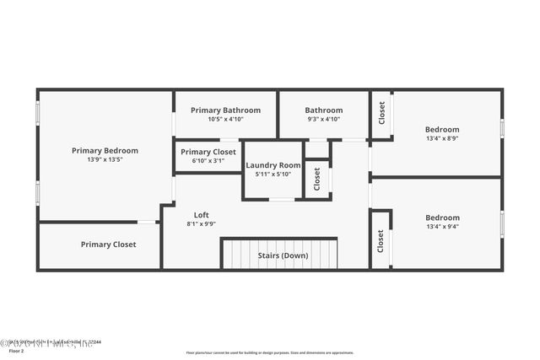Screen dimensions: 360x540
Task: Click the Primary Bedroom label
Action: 105,150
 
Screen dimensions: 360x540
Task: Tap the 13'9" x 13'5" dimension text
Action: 105,159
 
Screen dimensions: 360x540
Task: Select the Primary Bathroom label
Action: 224,110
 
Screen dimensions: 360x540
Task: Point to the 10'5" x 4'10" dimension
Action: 224,119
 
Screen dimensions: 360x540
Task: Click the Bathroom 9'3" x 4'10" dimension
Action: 323,119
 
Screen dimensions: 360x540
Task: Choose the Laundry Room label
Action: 273,165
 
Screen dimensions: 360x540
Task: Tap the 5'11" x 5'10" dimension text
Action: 273,175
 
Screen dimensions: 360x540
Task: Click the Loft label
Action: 201,214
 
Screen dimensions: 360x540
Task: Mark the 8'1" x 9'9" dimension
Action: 201,223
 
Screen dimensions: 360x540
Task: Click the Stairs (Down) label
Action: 283,255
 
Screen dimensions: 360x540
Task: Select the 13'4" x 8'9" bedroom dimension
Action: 442,138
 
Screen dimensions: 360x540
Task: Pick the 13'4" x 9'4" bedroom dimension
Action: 442,227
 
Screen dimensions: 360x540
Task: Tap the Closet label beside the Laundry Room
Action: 317,179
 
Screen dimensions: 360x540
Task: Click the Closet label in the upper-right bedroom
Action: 381,113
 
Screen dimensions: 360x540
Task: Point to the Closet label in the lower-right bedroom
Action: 381,241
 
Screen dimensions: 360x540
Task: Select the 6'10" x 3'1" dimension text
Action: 208,161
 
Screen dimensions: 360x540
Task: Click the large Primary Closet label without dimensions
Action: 108,244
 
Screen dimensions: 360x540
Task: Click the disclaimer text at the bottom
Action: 269,353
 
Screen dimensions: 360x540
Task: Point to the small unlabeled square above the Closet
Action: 317,150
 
